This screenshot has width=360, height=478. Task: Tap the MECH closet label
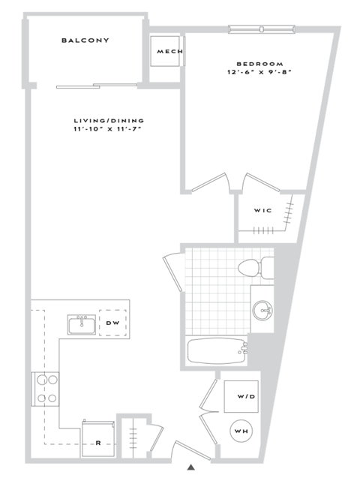[166, 52]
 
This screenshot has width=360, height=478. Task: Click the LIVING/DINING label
[109, 121]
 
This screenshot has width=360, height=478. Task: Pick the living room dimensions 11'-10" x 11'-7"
[109, 130]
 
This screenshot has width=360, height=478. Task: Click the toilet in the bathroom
[253, 267]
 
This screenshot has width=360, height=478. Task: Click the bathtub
[217, 350]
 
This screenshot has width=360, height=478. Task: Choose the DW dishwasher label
[113, 323]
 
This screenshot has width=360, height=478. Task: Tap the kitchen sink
[80, 324]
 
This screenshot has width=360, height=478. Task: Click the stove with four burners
[45, 389]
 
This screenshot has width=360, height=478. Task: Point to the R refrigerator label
[98, 443]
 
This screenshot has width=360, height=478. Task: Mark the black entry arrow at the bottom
[191, 467]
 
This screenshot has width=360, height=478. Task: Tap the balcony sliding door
[97, 85]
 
